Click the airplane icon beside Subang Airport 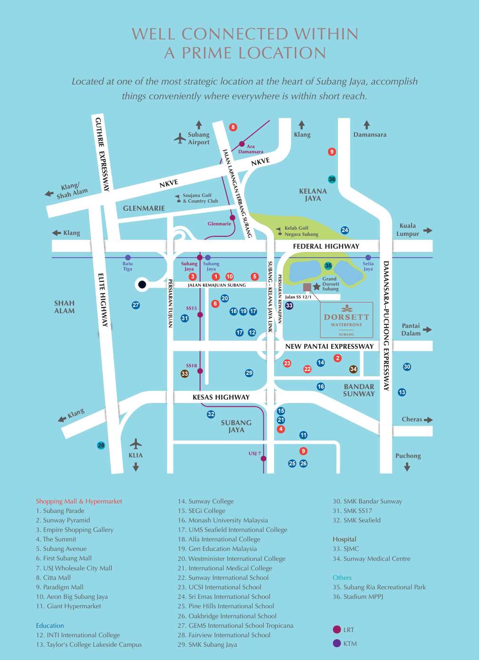click(180, 138)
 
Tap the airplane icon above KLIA click(136, 444)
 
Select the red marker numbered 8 click(233, 127)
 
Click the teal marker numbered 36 click(332, 179)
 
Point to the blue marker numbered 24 click(345, 230)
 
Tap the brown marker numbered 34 click(353, 369)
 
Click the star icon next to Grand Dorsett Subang click(316, 287)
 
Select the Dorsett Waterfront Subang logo click(346, 318)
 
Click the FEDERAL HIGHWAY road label click(326, 246)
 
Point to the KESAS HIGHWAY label click(221, 397)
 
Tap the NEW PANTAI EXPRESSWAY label click(329, 346)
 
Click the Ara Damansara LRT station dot click(242, 144)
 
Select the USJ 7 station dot click(263, 458)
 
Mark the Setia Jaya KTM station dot click(368, 258)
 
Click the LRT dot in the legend click(337, 630)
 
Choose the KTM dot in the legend click(337, 643)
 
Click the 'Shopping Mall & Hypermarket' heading click(79, 501)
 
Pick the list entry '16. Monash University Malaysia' click(223, 520)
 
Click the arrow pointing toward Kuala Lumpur click(428, 230)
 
